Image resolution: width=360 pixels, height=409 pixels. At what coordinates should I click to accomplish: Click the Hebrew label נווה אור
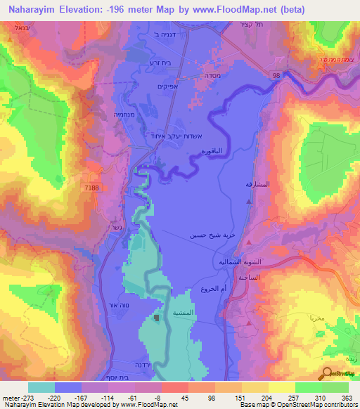click(117, 305)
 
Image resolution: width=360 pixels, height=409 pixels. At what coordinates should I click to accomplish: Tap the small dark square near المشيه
click(156, 318)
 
